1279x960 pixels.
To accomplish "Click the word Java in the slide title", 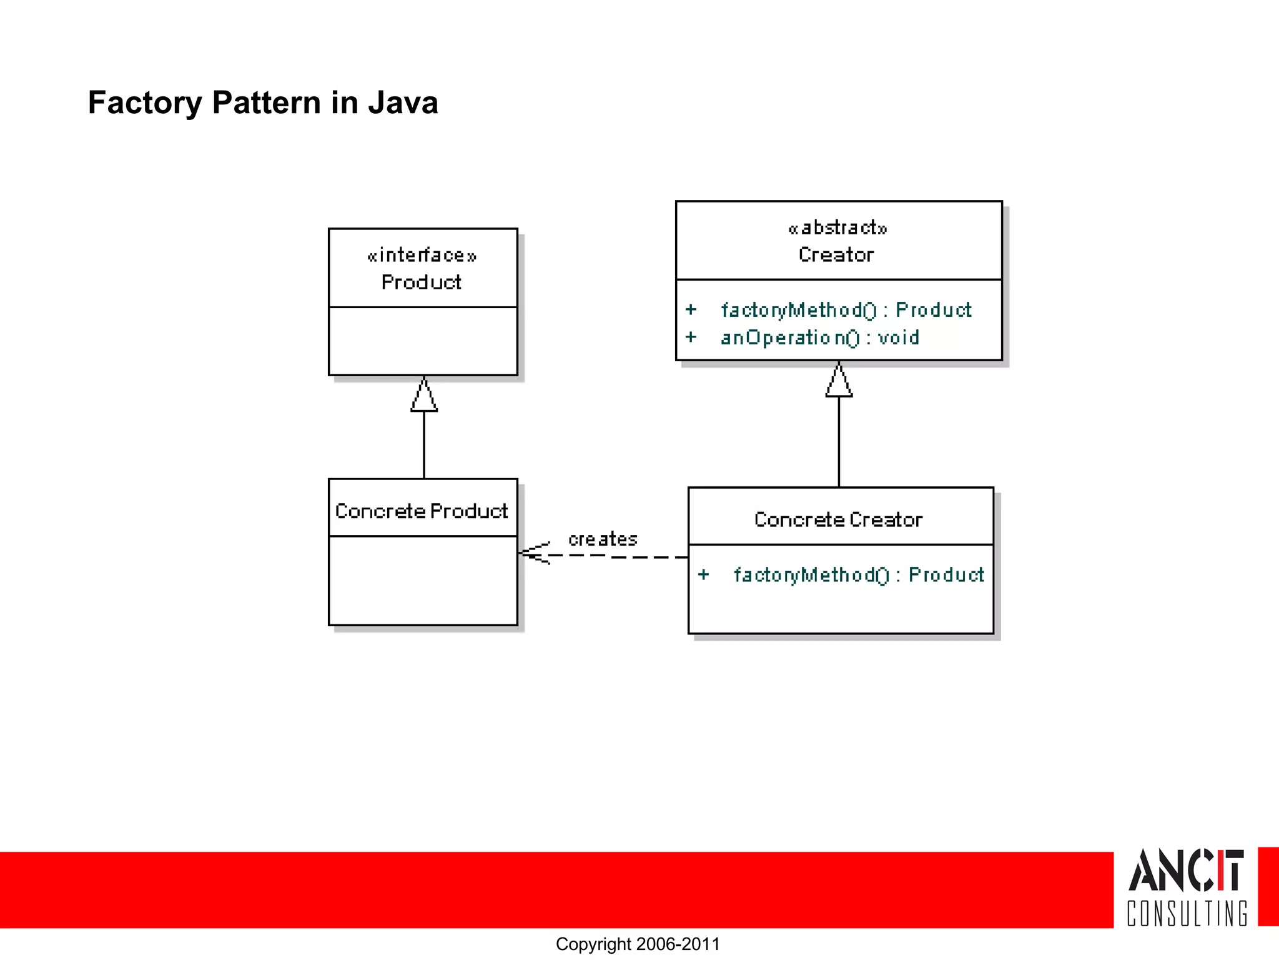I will click(403, 102).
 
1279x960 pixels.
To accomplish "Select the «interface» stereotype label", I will click(422, 255).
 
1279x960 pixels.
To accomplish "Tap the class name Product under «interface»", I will click(422, 282).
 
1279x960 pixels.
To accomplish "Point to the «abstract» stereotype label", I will click(837, 227).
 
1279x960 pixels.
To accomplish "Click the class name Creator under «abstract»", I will click(836, 255).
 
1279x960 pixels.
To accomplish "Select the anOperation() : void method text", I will click(819, 337).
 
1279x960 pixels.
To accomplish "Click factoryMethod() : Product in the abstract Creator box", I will click(846, 310).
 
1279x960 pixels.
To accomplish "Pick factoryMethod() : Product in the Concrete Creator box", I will click(858, 575).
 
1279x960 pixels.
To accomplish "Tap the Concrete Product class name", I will click(422, 511).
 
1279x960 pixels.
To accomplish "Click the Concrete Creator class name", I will click(838, 520).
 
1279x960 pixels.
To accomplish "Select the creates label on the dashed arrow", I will click(603, 539).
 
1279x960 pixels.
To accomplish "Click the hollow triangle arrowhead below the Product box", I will click(424, 396).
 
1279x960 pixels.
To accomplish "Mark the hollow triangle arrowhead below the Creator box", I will click(839, 381).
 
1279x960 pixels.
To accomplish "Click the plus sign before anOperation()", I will click(691, 337).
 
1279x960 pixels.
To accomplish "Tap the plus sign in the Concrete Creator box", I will click(703, 575).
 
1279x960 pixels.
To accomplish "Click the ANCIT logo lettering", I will click(1185, 870).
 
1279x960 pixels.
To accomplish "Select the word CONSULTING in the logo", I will click(1187, 914).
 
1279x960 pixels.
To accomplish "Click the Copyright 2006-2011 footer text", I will click(638, 944).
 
